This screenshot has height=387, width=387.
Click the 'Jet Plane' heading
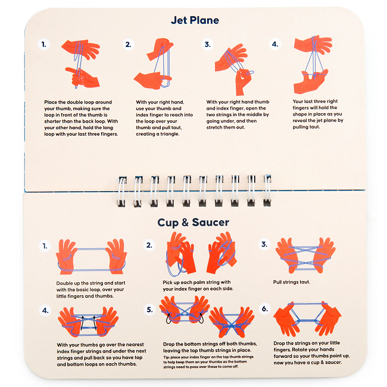point(195,20)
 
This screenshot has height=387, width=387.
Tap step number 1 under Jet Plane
point(43,44)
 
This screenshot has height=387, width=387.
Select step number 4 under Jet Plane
point(274,44)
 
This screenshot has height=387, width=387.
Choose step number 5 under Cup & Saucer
point(149,309)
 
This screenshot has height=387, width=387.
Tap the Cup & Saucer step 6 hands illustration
point(307,318)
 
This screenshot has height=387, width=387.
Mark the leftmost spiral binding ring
point(123,189)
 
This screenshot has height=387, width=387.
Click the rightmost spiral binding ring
point(267,189)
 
